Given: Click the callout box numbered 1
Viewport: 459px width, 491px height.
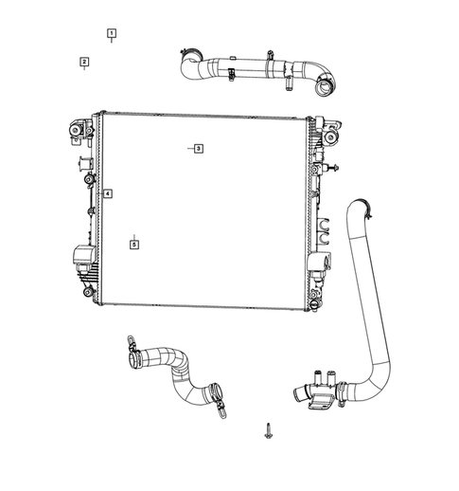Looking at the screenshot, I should tap(112, 33).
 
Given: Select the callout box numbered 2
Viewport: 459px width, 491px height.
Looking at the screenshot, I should tap(84, 63).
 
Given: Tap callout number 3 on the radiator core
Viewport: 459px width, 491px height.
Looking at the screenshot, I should tap(198, 149).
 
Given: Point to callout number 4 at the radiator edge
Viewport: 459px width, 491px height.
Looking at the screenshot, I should tap(108, 194).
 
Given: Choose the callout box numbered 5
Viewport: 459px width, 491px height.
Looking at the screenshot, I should tap(134, 244).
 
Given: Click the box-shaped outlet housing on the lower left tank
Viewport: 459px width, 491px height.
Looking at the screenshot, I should tap(81, 256).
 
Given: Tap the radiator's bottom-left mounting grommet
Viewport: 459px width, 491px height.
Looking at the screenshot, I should tap(87, 291).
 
